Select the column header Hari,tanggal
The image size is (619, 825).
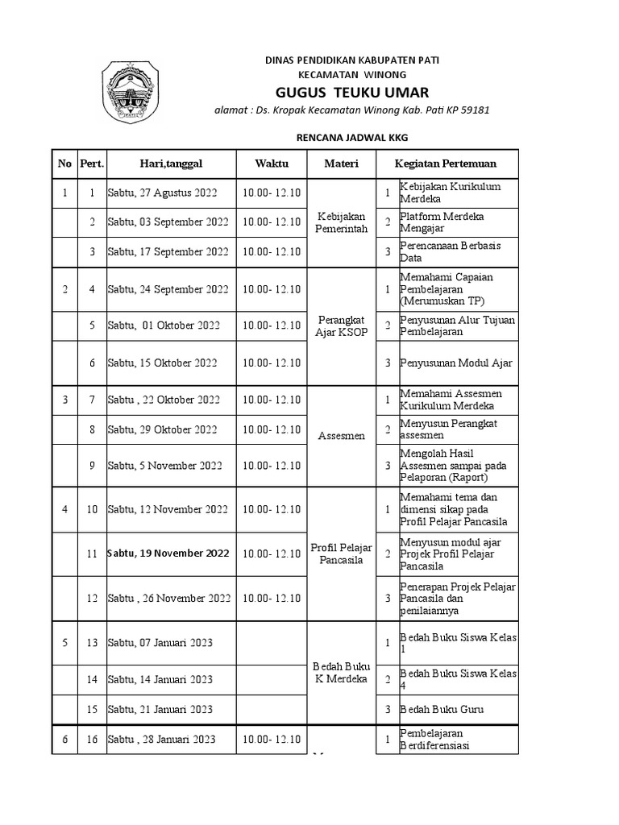[170, 164]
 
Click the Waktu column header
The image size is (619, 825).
[272, 164]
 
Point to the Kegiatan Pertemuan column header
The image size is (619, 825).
[446, 164]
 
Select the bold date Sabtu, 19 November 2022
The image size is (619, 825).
[168, 553]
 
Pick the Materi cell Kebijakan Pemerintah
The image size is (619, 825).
[343, 222]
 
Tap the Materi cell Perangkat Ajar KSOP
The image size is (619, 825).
[343, 325]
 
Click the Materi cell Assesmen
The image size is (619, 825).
[343, 436]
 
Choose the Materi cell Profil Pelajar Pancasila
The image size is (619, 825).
[343, 553]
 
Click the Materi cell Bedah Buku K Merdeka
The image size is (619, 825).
[343, 672]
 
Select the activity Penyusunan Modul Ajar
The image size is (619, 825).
[456, 363]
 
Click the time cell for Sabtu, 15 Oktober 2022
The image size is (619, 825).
[272, 363]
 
